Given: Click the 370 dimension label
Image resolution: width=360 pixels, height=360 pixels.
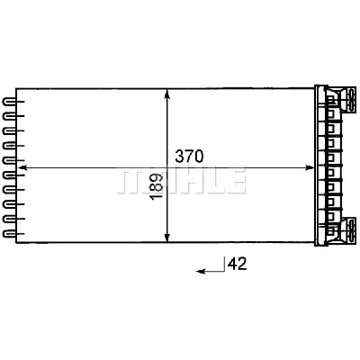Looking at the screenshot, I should (190, 156).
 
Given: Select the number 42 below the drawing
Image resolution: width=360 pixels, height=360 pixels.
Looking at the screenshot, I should (237, 264).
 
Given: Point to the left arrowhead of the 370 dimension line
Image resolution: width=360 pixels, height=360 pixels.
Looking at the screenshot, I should (22, 167).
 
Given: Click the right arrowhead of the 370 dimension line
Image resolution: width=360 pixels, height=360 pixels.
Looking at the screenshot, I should (310, 167).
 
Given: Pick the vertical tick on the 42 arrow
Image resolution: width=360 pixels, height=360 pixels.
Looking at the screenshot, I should (222, 264).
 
